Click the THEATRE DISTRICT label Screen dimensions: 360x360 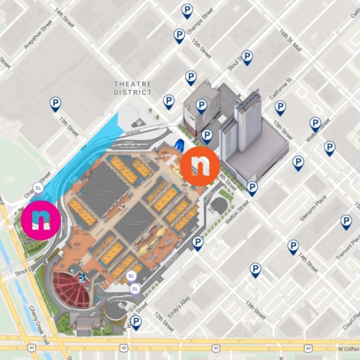click(133, 88)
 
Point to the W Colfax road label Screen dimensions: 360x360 click(347, 347)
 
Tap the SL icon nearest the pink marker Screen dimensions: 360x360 click(38, 188)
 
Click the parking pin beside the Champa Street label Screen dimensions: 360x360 click(186, 10)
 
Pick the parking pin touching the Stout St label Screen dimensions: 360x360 click(247, 57)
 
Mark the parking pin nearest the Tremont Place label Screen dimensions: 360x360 click(346, 222)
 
